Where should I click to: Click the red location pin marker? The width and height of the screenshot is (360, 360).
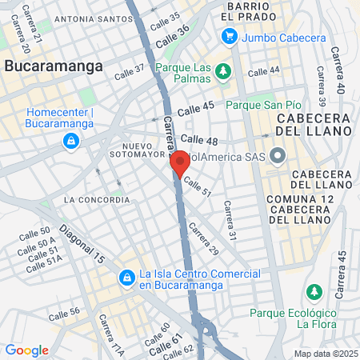[179, 163]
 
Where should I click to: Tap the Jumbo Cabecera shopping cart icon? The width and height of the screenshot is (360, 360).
[230, 35]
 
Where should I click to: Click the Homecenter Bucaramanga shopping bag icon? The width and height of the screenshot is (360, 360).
[71, 142]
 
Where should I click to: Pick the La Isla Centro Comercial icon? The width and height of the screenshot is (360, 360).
[126, 278]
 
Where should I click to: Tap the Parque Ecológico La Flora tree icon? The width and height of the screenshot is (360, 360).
[314, 290]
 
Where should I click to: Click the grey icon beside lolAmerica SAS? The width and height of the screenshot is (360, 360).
[278, 155]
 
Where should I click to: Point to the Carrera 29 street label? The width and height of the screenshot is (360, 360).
[203, 239]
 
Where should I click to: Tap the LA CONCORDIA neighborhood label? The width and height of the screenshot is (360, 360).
[96, 199]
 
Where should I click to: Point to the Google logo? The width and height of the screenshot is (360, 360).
[26, 350]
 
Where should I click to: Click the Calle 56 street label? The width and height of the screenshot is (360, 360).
[64, 312]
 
